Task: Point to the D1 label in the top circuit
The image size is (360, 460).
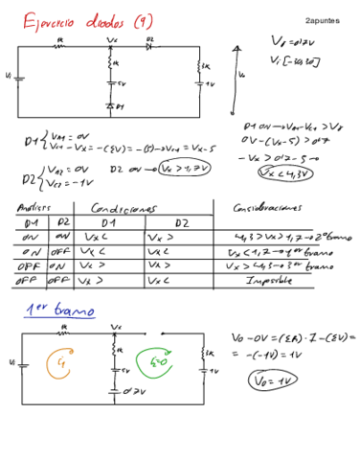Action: (x=119, y=107)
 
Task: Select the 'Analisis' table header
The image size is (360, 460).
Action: (x=34, y=207)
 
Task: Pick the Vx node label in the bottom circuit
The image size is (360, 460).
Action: (x=116, y=326)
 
